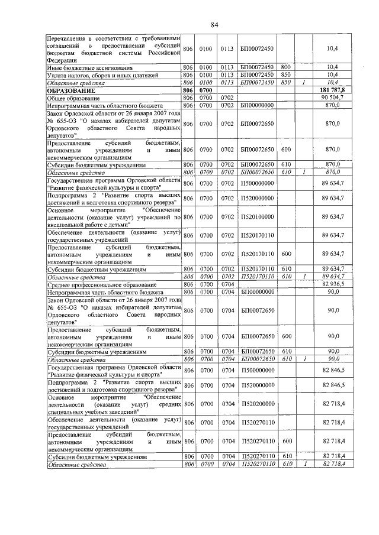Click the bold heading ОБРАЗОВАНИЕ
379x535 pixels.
[x=72, y=90]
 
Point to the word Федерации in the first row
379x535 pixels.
[x=62, y=60]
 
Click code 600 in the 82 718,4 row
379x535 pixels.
[x=285, y=441]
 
